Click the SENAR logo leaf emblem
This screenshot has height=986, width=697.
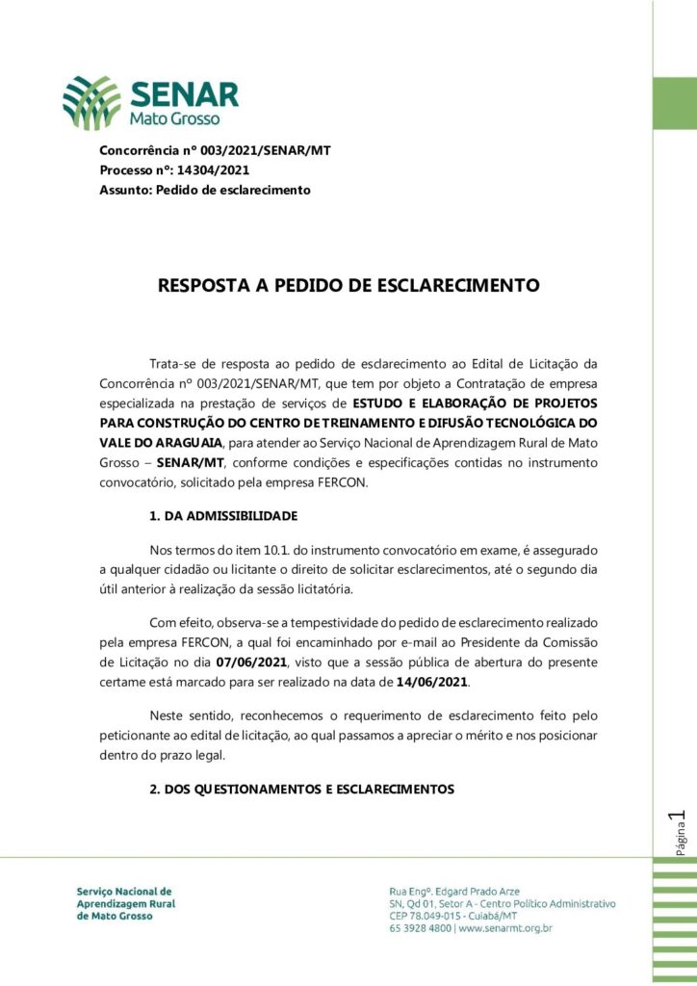pyautogui.click(x=92, y=102)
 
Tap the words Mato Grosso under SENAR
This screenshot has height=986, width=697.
pyautogui.click(x=174, y=119)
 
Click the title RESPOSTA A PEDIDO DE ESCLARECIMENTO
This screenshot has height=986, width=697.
pyautogui.click(x=348, y=286)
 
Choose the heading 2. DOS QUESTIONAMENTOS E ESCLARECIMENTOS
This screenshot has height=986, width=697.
pyautogui.click(x=301, y=790)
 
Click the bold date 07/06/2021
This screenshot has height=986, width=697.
pyautogui.click(x=250, y=663)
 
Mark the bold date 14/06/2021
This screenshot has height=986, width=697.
pyautogui.click(x=432, y=682)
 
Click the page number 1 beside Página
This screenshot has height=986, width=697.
pyautogui.click(x=682, y=819)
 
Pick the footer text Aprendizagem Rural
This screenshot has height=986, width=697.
pyautogui.click(x=126, y=904)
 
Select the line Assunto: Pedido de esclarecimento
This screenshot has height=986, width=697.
pyautogui.click(x=204, y=191)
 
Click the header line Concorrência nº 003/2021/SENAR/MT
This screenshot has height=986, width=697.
pyautogui.click(x=215, y=151)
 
